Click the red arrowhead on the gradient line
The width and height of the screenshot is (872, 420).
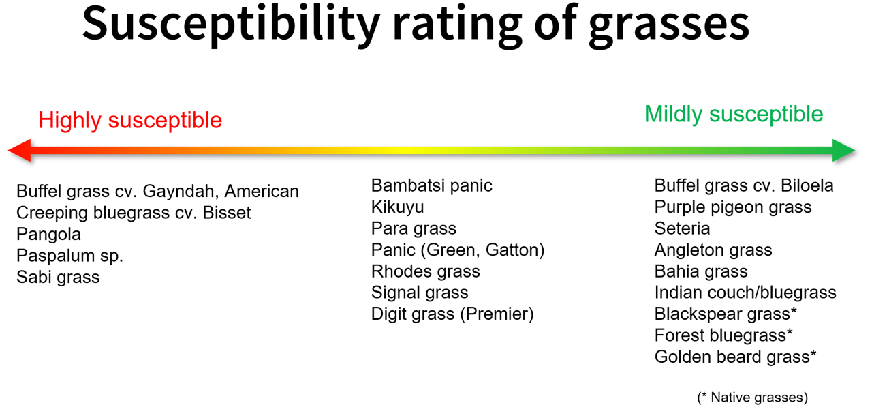20,151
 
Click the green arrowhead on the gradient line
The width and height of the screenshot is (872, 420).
843,151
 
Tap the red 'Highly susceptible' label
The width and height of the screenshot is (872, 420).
130,120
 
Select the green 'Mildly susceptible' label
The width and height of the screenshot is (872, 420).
734,114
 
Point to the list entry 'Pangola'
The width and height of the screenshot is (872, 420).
48,235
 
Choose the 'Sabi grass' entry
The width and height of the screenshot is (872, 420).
58,277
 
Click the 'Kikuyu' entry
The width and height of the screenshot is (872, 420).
397,207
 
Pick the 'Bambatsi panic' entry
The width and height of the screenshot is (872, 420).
432,185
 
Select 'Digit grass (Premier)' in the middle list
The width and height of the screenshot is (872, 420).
452,314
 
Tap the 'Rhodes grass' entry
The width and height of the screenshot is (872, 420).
426,271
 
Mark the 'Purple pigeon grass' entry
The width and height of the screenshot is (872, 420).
733,207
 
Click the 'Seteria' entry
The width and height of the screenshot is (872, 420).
683,228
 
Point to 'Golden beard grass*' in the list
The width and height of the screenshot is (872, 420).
735,357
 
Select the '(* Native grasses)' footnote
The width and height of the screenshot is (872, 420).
753,397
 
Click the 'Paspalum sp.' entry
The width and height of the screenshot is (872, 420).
69,256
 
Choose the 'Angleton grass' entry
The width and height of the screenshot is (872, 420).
713,250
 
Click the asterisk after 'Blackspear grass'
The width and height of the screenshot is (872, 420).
794,310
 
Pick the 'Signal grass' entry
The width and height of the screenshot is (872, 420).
420,292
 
